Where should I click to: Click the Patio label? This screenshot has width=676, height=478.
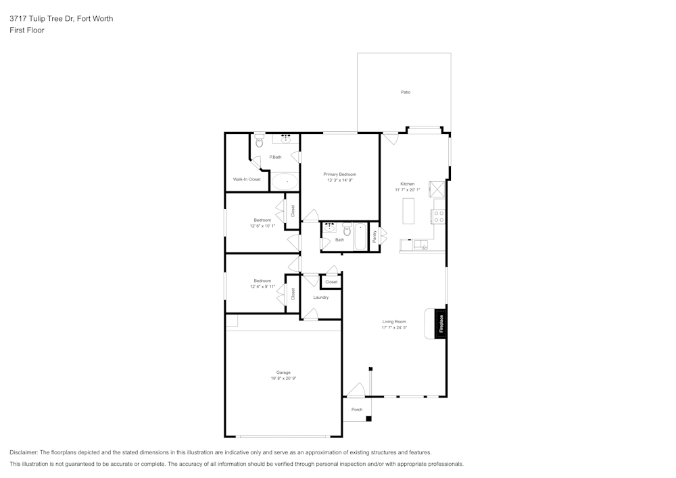coord(405,92)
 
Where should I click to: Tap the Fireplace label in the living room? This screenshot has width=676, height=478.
coord(441,324)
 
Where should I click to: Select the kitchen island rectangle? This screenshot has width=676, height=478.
coord(408,211)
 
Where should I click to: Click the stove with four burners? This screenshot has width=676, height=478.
coord(439,216)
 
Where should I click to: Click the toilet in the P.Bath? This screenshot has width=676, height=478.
coord(259,140)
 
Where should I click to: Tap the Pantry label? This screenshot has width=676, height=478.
coord(375,236)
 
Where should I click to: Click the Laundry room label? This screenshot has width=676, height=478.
coord(320,297)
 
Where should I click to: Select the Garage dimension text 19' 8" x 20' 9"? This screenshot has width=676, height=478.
coord(283,379)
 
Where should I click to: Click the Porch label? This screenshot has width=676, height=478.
coord(357,410)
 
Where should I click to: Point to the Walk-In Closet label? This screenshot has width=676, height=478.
coord(247,179)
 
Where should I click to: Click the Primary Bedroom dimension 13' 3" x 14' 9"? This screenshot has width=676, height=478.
coord(340,180)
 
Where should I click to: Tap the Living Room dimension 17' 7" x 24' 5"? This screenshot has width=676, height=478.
coord(394,328)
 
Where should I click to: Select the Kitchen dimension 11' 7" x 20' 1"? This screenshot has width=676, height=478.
coord(408,190)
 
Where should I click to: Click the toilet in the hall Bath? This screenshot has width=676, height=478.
coord(347,229)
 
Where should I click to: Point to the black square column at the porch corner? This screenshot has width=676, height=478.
coord(368,419)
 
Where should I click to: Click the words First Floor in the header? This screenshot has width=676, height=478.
coord(27,30)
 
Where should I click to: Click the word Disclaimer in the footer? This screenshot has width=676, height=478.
coord(23,452)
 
